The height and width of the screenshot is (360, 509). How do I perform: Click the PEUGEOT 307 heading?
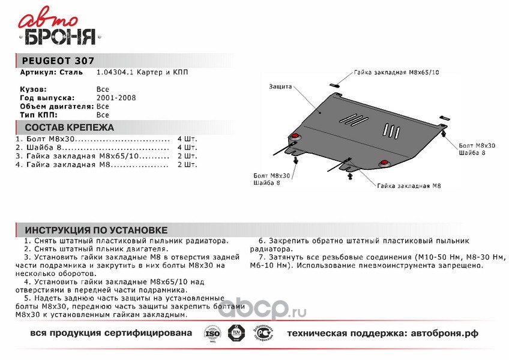[x=58, y=61]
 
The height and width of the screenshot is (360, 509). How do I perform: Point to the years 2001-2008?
[x=116, y=97]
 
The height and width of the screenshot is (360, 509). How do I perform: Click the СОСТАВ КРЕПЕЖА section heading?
[x=69, y=128]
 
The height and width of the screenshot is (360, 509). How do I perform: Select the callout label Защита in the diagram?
[x=280, y=86]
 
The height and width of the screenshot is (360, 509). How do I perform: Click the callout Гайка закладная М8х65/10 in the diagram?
[x=396, y=71]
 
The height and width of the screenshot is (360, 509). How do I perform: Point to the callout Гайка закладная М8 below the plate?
[x=409, y=187]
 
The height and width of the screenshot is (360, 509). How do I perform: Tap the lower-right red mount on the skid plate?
[x=383, y=163]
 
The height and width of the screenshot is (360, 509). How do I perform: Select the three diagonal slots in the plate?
[x=355, y=119]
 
